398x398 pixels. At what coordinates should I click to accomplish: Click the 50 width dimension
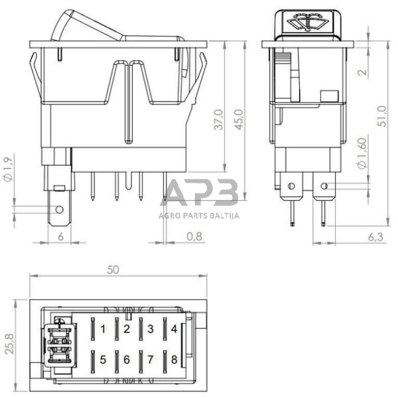click(x=114, y=269)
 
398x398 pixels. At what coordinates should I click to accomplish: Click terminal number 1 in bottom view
click(x=103, y=330)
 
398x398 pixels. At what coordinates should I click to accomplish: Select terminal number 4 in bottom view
click(x=174, y=330)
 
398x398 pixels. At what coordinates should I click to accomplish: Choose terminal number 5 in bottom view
click(x=103, y=359)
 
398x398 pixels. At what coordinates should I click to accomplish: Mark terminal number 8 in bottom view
click(x=174, y=359)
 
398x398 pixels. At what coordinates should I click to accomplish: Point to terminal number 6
click(x=127, y=359)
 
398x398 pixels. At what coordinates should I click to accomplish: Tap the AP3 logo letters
click(x=202, y=192)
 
